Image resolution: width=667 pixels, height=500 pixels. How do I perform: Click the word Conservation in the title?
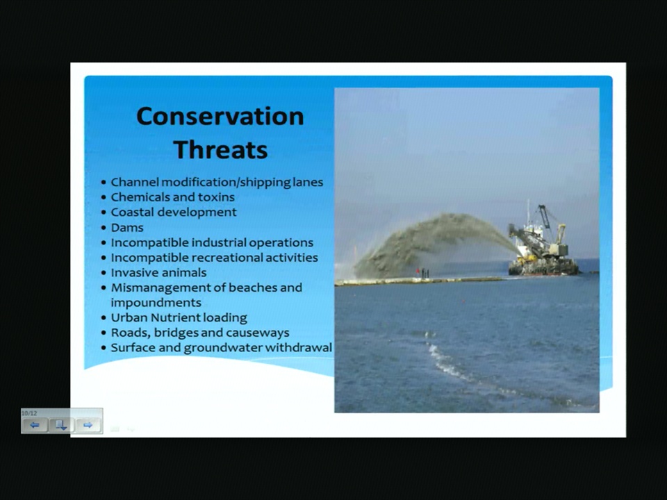tap(220, 116)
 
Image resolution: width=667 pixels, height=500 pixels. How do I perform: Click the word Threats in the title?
tap(220, 150)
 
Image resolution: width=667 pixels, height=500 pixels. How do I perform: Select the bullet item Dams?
tap(127, 228)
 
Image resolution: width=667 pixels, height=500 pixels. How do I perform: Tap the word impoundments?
tap(156, 303)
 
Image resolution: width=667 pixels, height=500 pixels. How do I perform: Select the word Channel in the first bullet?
tap(135, 182)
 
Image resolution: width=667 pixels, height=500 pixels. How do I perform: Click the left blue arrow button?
tap(35, 425)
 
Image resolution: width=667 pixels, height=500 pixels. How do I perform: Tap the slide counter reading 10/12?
tap(29, 413)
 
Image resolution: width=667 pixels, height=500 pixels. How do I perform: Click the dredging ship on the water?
tap(543, 242)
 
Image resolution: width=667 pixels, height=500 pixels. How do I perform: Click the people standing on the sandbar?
tap(423, 272)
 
